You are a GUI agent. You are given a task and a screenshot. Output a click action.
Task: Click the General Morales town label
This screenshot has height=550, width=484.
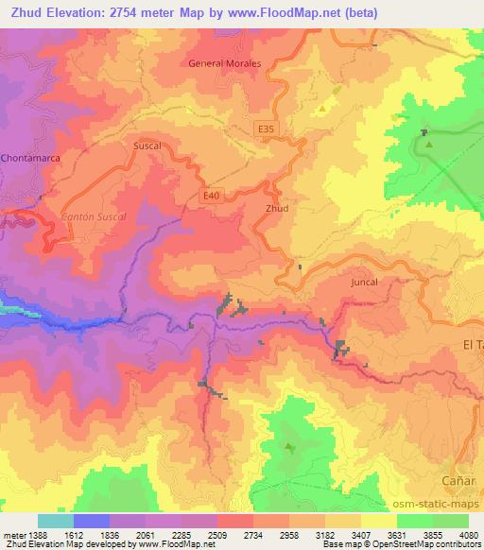point(225,63)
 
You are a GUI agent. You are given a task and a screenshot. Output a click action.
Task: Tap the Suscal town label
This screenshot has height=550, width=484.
point(148,147)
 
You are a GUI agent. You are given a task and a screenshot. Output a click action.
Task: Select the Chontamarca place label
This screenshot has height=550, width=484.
point(31,158)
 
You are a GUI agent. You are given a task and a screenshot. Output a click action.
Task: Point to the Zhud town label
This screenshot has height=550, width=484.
point(277,209)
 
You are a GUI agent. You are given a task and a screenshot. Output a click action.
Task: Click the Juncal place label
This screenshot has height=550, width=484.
point(363,282)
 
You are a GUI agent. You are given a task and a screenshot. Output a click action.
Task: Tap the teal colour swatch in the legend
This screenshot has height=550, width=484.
point(56,521)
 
